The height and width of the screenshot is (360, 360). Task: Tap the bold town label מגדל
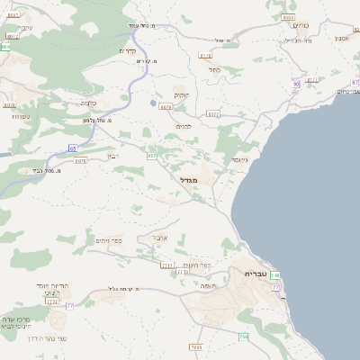[200, 181]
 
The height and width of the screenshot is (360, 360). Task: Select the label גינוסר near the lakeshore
[238, 159]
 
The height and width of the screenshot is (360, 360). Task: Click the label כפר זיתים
[108, 240]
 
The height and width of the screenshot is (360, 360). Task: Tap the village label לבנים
[183, 125]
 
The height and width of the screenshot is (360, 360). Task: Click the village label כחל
[214, 69]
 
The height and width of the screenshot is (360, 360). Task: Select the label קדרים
[128, 51]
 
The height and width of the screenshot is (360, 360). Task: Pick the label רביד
[112, 155]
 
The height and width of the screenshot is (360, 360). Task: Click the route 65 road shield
[72, 148]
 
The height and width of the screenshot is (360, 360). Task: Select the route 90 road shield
[296, 84]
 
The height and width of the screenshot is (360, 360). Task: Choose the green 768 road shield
[243, 337]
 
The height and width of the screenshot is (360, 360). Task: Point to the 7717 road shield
[166, 265]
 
